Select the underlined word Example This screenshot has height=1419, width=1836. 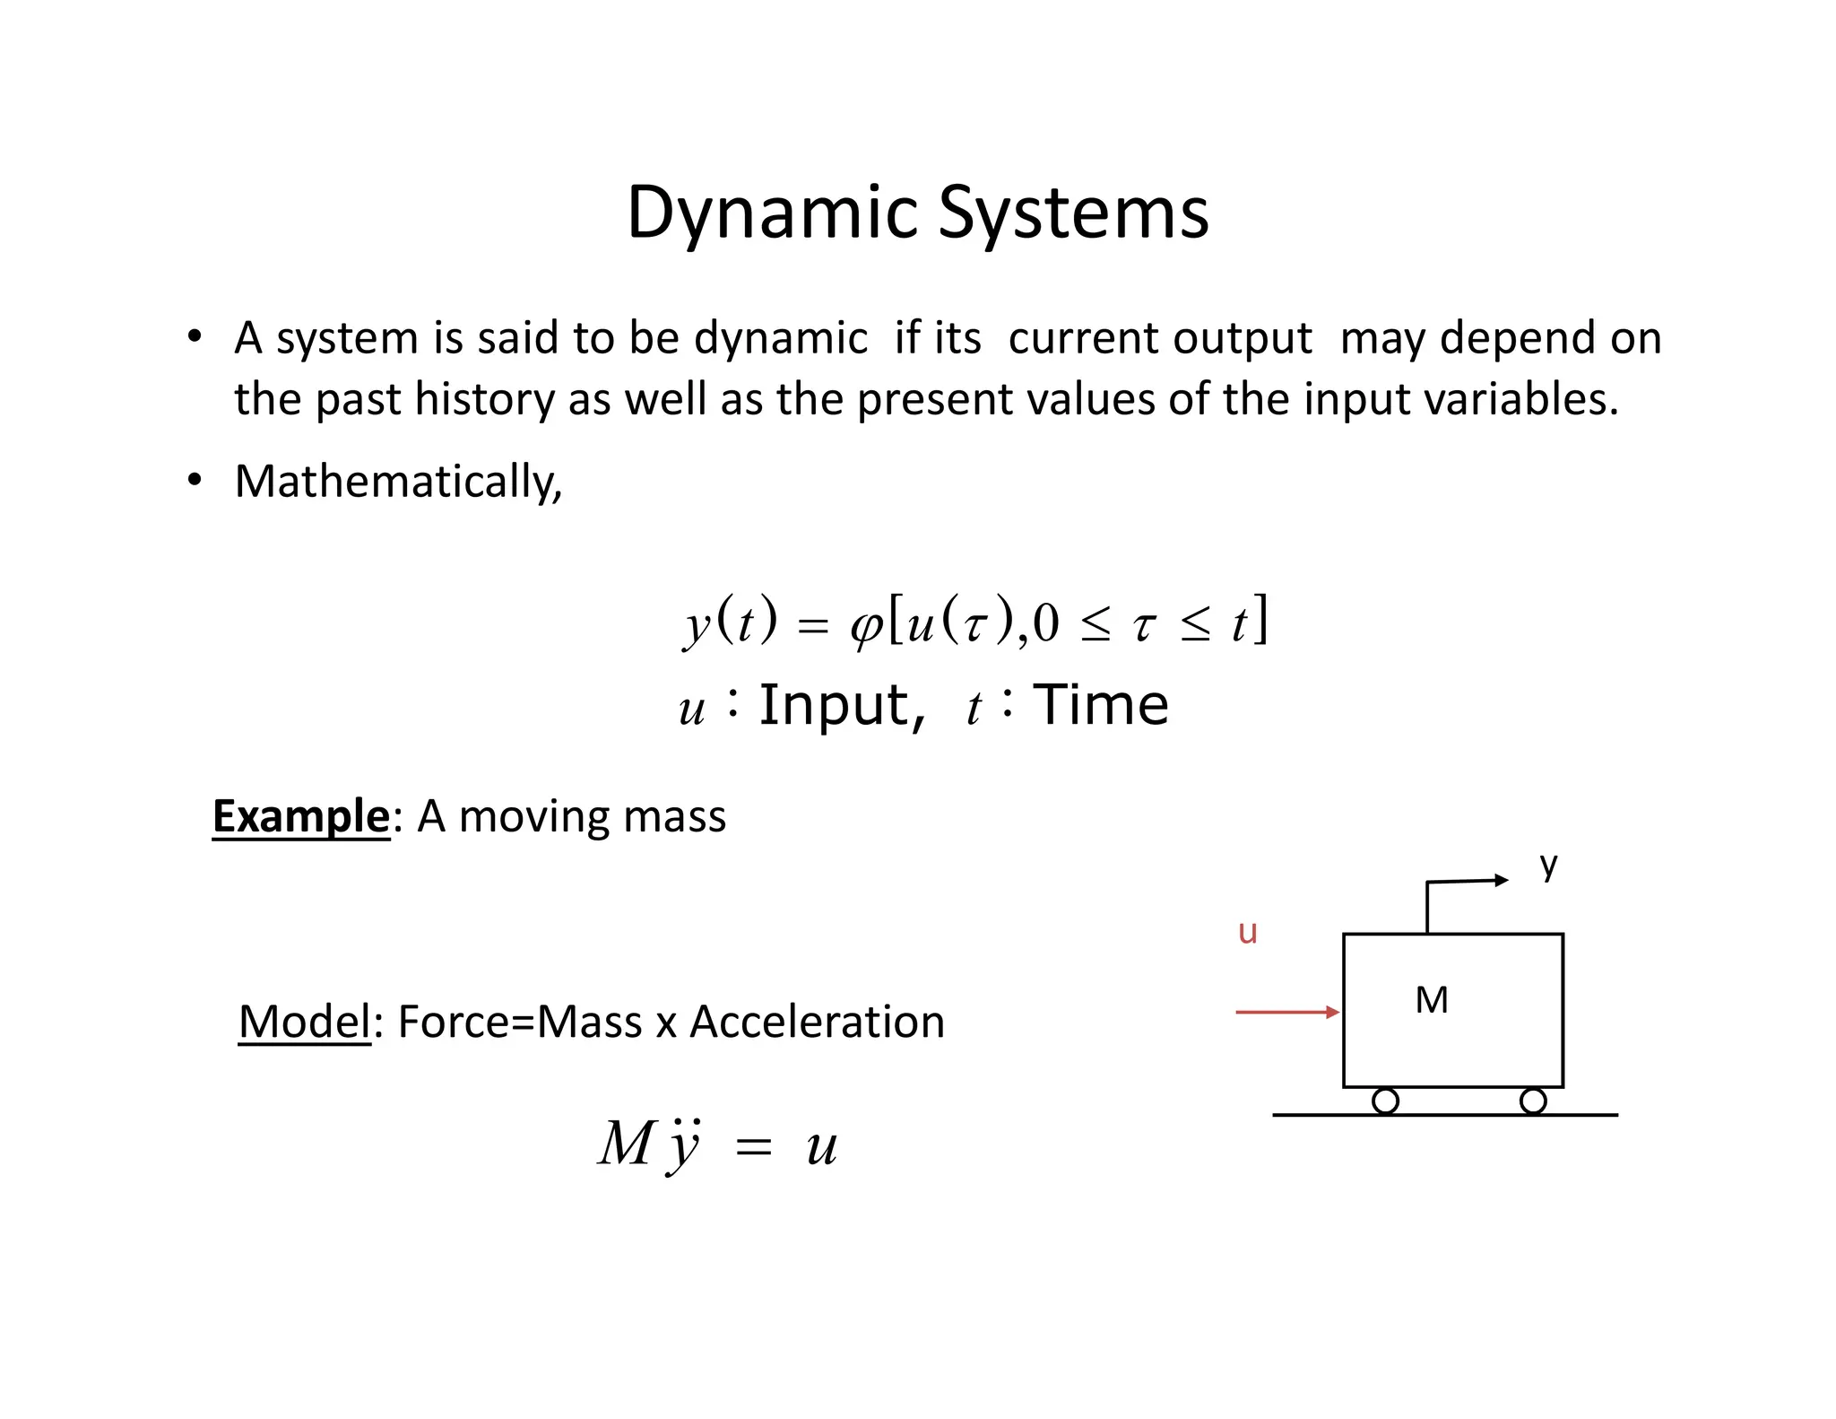[300, 816]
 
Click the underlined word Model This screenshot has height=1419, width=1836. [304, 1022]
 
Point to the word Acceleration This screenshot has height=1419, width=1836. [817, 1022]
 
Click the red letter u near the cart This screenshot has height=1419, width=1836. [1247, 932]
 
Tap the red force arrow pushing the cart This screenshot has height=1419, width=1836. [1286, 1012]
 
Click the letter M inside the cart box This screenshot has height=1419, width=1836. [1431, 1000]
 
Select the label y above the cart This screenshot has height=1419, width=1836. [1548, 866]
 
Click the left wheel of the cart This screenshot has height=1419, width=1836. [1385, 1101]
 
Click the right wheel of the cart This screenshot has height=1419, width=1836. [1533, 1101]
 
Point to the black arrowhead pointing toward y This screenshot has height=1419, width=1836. [1502, 880]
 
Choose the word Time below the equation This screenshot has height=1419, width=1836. [1101, 705]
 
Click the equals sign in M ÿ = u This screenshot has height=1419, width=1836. [753, 1147]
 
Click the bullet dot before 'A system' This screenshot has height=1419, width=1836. [195, 337]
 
